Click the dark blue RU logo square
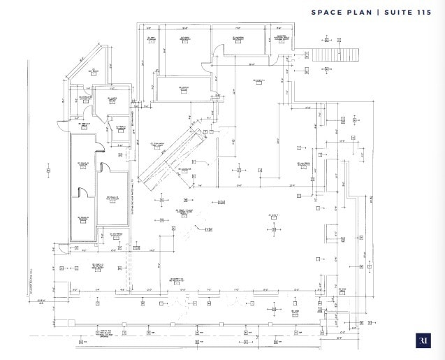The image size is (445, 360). pos(423,340)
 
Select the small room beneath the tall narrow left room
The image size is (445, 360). pos(81,217)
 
